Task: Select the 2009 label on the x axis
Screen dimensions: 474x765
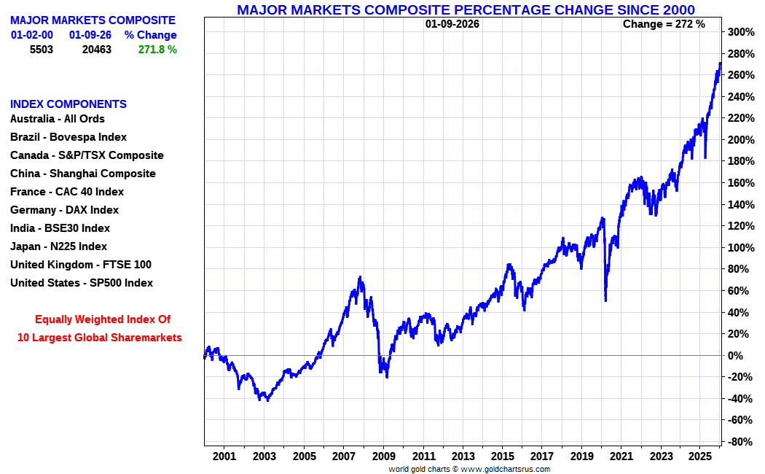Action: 383,456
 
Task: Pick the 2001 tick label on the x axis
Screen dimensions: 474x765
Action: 224,456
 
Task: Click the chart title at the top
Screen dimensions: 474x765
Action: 466,9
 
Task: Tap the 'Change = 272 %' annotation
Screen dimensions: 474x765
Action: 664,24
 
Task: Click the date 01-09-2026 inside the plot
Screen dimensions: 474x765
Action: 452,24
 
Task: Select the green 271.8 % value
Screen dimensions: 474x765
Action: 157,50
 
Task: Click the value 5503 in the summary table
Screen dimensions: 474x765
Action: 42,50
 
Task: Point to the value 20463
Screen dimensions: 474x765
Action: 96,50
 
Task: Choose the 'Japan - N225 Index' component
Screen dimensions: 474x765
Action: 58,246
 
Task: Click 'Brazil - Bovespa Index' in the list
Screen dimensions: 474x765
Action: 68,137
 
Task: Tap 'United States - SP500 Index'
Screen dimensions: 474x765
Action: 82,283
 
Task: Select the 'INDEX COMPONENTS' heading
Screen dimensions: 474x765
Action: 68,104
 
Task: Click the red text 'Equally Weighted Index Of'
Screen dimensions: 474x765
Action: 103,319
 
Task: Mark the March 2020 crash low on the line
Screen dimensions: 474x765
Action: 605,300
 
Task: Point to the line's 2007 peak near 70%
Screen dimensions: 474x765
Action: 360,277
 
